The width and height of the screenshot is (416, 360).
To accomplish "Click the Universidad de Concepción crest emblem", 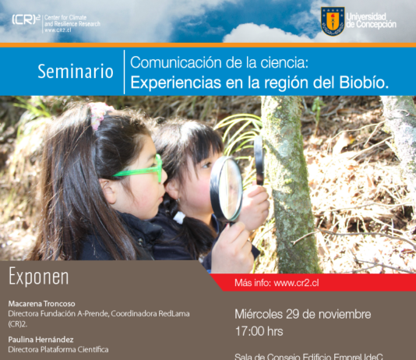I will pos(333,20).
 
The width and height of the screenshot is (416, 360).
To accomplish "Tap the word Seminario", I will pos(75,72).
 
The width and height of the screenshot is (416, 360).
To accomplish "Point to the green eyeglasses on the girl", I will pos(139,170).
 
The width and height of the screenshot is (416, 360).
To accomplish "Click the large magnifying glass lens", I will pos(227,188).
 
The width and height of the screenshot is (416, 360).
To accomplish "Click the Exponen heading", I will pos(38,277).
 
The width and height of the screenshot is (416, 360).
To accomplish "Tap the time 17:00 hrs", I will pos(259,330).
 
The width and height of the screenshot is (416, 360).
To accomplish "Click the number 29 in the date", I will pos(295,314).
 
